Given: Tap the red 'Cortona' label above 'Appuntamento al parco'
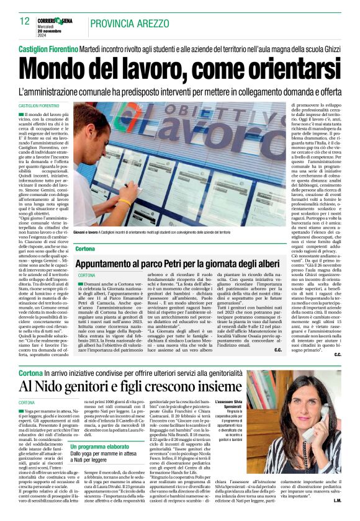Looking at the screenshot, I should [85, 248].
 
